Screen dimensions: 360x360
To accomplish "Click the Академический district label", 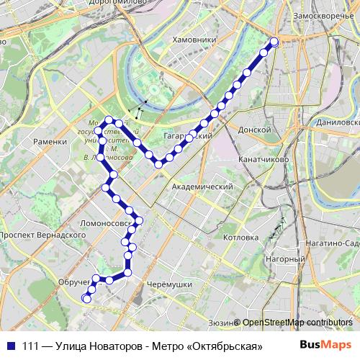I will (x=202, y=186).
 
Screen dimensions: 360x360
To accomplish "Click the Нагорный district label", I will (x=282, y=259).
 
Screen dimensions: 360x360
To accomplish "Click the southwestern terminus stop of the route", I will (x=87, y=298).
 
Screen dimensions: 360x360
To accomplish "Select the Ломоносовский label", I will (x=107, y=224).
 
